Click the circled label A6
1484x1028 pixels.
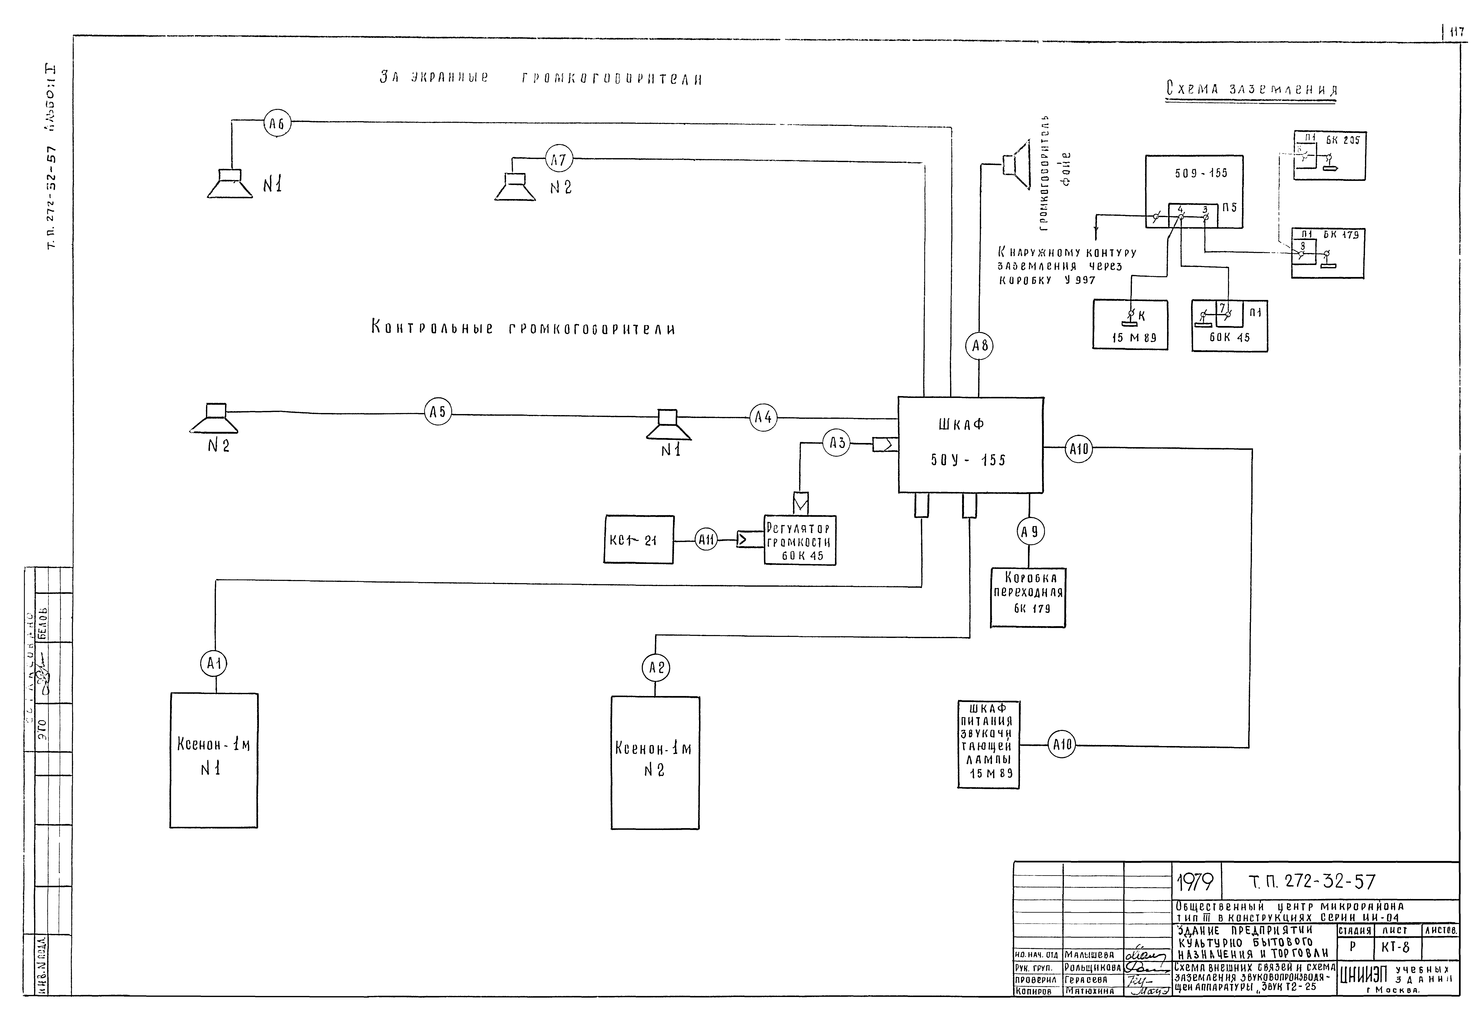point(277,124)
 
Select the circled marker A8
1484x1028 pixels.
point(979,346)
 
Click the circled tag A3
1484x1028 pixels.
point(837,443)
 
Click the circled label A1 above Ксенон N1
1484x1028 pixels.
point(214,663)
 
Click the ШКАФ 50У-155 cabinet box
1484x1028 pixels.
point(970,444)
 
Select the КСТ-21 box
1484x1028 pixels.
point(639,540)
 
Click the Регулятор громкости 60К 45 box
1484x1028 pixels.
point(800,541)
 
